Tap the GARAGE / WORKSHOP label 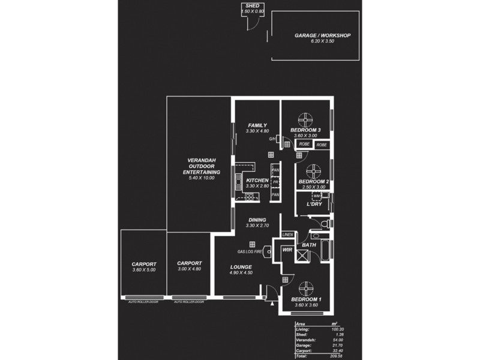pyautogui.click(x=322, y=35)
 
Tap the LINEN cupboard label pyautogui.click(x=287, y=234)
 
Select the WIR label pyautogui.click(x=286, y=248)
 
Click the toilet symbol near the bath pyautogui.click(x=325, y=224)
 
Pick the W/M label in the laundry pyautogui.click(x=316, y=196)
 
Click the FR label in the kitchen pyautogui.click(x=275, y=182)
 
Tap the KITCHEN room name pyautogui.click(x=257, y=180)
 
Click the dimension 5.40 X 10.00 pyautogui.click(x=202, y=178)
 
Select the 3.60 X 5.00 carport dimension pyautogui.click(x=144, y=270)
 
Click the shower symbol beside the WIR pyautogui.click(x=303, y=256)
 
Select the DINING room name pyautogui.click(x=257, y=220)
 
